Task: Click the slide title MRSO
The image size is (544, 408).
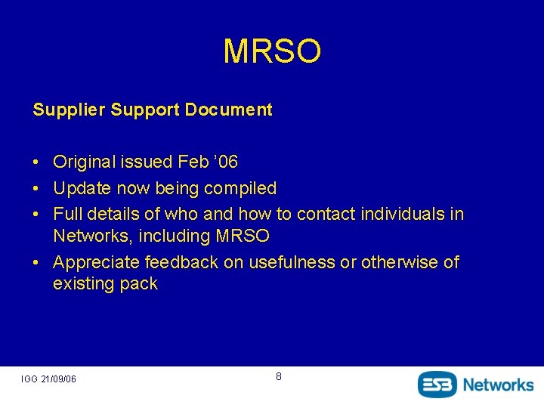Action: (272, 51)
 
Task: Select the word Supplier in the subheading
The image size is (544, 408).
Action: (69, 110)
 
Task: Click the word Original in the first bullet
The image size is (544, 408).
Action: (83, 162)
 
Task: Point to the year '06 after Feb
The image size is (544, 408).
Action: (227, 162)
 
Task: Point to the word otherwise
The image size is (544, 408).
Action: (400, 262)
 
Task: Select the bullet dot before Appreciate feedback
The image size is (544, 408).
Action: (36, 263)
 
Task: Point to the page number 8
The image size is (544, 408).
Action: (278, 376)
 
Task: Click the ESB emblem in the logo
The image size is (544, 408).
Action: (437, 384)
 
